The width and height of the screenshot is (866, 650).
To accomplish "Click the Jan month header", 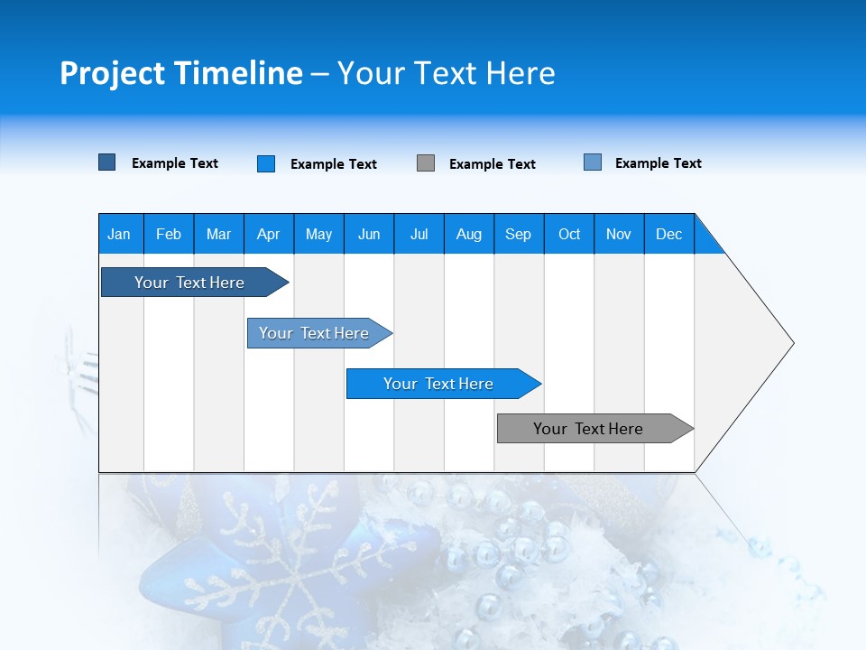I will pyautogui.click(x=120, y=234).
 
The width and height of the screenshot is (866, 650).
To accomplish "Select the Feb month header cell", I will pyautogui.click(x=169, y=234).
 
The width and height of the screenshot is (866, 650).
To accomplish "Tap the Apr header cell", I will pyautogui.click(x=269, y=234).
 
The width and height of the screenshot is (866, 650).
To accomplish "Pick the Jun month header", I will pyautogui.click(x=369, y=234).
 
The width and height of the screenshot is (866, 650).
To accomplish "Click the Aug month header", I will pyautogui.click(x=469, y=234).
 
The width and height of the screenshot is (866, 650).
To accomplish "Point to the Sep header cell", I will pyautogui.click(x=519, y=234).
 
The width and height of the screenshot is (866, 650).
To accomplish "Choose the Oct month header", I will pyautogui.click(x=569, y=234).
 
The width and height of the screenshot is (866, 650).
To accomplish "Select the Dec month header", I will pyautogui.click(x=669, y=234).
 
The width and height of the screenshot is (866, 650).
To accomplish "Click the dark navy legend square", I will pyautogui.click(x=107, y=162).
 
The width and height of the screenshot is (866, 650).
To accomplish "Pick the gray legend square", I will pyautogui.click(x=426, y=163).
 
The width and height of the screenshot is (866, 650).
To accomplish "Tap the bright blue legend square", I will pyautogui.click(x=266, y=163).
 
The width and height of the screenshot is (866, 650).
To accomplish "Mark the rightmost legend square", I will pyautogui.click(x=593, y=162).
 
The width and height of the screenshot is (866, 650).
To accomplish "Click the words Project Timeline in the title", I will pyautogui.click(x=181, y=73).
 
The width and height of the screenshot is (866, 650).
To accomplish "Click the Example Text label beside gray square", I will pyautogui.click(x=493, y=164).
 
